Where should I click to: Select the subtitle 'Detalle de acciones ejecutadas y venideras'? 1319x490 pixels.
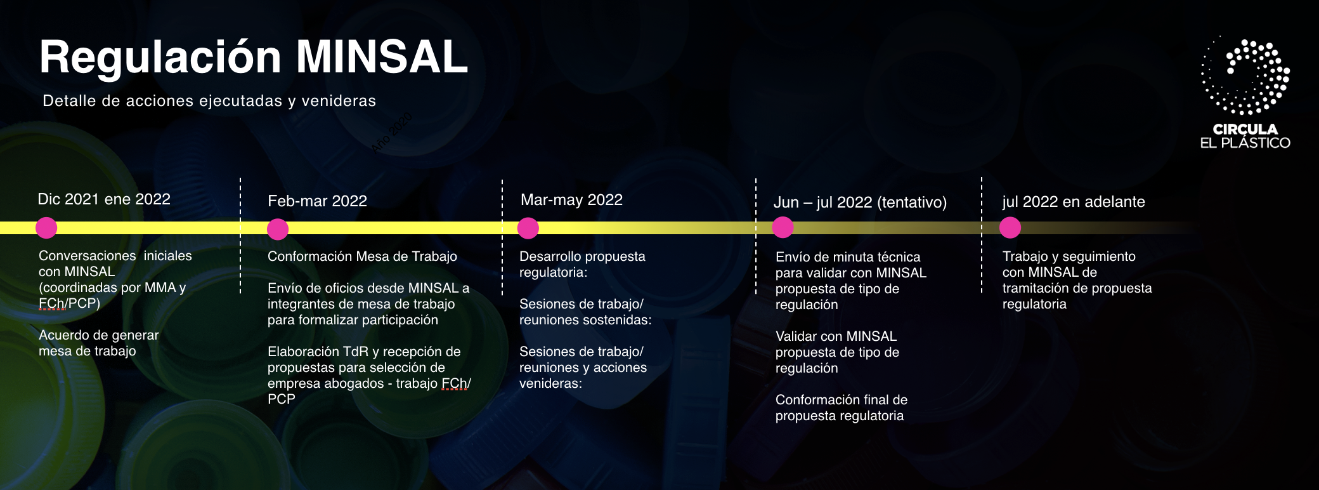[x=209, y=101]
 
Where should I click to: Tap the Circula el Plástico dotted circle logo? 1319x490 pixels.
[x=1245, y=76]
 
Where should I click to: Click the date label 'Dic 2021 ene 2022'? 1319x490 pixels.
[x=104, y=199]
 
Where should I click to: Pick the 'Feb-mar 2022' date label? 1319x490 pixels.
[x=317, y=201]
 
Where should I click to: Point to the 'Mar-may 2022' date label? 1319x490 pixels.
[x=571, y=200]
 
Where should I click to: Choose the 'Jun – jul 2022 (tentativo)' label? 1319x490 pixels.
[x=860, y=202]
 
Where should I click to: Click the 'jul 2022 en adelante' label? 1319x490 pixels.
[x=1074, y=202]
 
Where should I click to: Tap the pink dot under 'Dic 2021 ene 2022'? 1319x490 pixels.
[x=46, y=228]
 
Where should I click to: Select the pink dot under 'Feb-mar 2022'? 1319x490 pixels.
[x=278, y=229]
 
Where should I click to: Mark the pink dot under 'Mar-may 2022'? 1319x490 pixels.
[x=528, y=228]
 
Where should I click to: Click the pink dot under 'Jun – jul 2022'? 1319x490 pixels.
[x=783, y=227]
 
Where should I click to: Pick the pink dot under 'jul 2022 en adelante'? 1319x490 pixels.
[x=1010, y=227]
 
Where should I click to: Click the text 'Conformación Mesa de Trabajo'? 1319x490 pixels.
[x=362, y=256]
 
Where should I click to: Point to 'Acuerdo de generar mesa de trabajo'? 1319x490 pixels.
[x=99, y=343]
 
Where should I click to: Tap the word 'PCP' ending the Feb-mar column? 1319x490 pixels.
[x=282, y=399]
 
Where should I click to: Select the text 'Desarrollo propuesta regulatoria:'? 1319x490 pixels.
[x=582, y=264]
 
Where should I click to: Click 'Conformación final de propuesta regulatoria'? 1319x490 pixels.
[x=841, y=407]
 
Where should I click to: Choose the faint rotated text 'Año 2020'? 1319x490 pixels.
[x=392, y=132]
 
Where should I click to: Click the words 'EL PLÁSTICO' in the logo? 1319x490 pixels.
[x=1245, y=143]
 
